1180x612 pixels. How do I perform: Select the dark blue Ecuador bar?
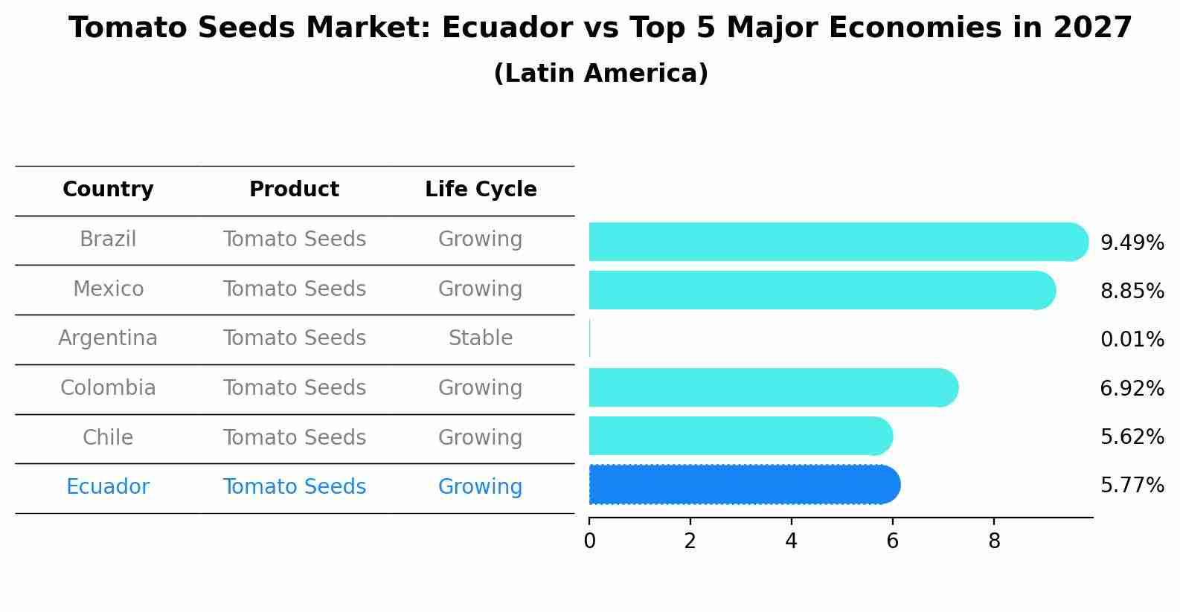click(x=744, y=485)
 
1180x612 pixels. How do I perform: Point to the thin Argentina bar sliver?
click(x=590, y=338)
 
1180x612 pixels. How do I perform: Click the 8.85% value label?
click(x=1132, y=291)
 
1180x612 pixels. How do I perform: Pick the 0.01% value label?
click(x=1132, y=340)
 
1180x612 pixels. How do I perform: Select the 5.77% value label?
click(x=1132, y=486)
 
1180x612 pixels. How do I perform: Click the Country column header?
click(x=108, y=190)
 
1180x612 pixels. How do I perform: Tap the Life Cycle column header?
click(x=481, y=190)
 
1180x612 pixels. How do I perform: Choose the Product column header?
click(x=294, y=190)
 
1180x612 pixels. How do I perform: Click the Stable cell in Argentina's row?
click(x=481, y=338)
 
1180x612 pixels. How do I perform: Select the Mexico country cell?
click(x=108, y=289)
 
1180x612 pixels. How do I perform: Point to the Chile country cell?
click(x=108, y=437)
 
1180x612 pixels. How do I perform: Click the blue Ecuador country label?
click(x=108, y=487)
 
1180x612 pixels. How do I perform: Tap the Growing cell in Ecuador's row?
click(x=481, y=487)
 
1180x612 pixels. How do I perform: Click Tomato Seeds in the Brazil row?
click(x=294, y=239)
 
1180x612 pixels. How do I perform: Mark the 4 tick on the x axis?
click(x=791, y=541)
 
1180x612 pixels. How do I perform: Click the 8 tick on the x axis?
click(x=994, y=541)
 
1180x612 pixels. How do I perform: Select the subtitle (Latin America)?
click(x=600, y=74)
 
